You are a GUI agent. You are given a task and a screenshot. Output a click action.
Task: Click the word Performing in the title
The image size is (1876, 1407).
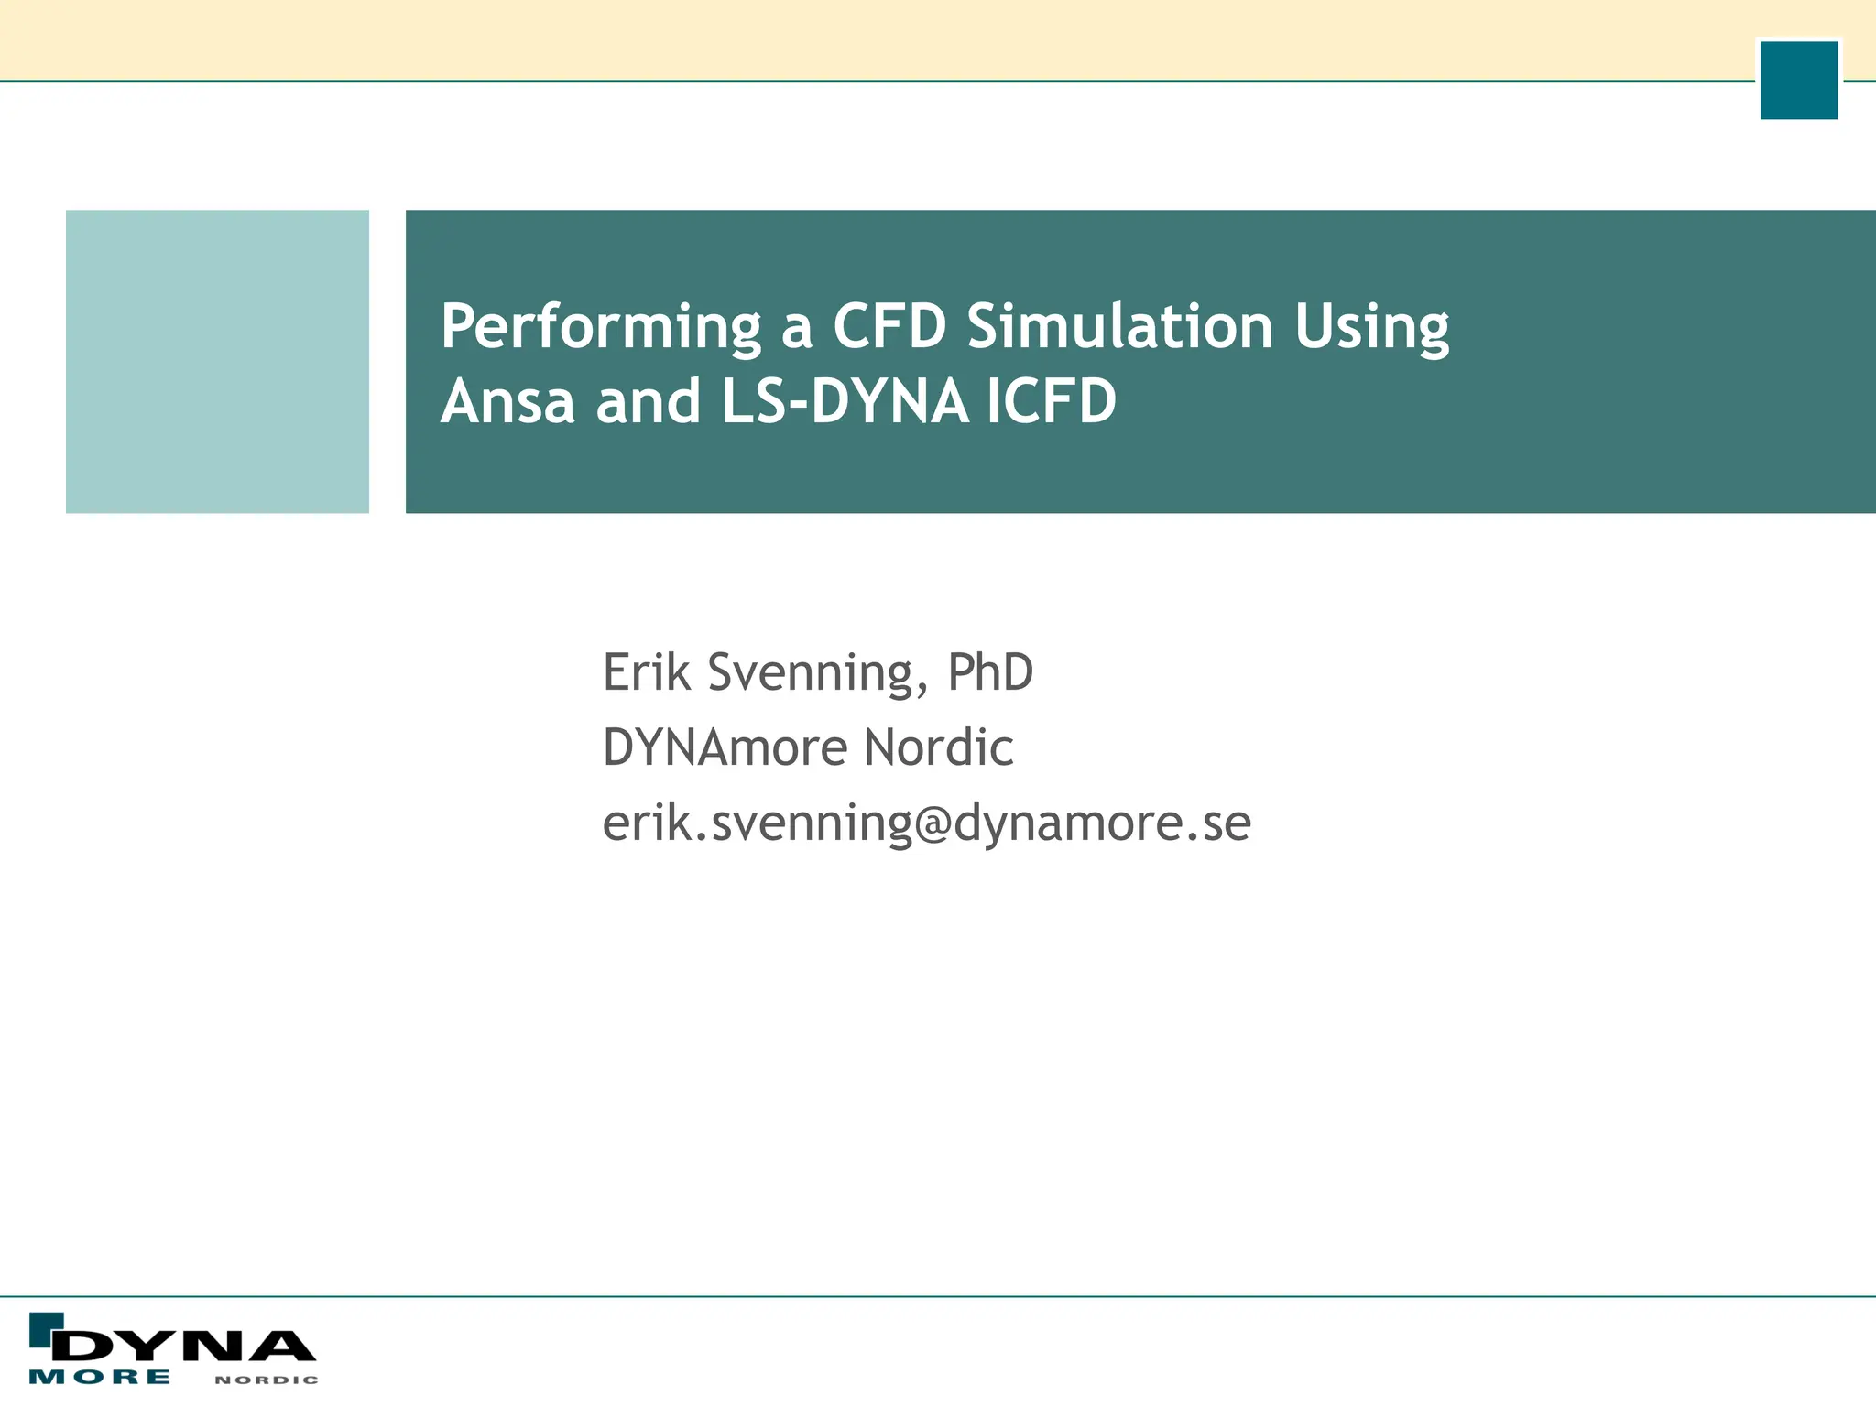[x=600, y=328]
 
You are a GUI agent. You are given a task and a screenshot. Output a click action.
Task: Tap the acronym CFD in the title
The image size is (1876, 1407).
[x=889, y=326]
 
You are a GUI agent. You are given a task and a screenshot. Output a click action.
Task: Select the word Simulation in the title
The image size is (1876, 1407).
[x=1119, y=326]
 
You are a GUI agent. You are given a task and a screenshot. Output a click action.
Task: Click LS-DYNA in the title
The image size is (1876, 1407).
[x=845, y=401]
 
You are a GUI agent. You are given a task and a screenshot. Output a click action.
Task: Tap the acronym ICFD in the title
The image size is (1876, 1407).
[x=1052, y=401]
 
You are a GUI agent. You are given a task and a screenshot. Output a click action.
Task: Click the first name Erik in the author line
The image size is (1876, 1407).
[x=646, y=672]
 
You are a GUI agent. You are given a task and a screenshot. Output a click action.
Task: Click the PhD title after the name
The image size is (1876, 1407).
[x=989, y=672]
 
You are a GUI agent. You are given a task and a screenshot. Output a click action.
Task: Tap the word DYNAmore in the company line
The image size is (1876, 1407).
[x=724, y=747]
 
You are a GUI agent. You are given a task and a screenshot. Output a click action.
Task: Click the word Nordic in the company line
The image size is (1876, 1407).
[x=938, y=747]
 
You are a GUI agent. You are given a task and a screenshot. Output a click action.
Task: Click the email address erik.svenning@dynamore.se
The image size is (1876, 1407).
[x=926, y=823]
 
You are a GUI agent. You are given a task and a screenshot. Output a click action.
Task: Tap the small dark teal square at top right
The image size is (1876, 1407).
[x=1798, y=80]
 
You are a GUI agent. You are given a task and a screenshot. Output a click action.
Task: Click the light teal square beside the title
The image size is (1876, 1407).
[x=217, y=361]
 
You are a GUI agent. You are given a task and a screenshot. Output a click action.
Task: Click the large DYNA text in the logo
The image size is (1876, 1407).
[x=183, y=1346]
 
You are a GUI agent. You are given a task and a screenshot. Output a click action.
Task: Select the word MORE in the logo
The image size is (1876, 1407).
[x=100, y=1377]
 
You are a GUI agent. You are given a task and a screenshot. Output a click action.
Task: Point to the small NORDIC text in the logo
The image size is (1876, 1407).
[x=267, y=1380]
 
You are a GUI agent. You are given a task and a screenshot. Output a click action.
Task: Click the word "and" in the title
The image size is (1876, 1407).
[x=648, y=401]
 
